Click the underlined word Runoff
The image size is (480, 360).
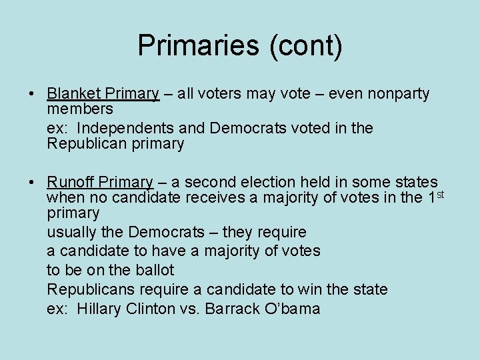71,182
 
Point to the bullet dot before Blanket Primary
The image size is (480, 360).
33,95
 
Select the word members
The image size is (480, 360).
81,109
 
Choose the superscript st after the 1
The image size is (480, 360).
439,194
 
